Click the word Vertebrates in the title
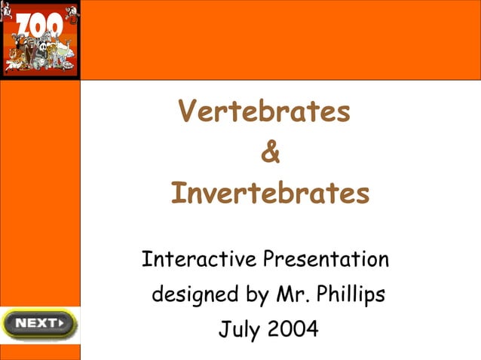tap(264, 112)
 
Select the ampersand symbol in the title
tap(270, 153)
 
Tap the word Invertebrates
tap(270, 194)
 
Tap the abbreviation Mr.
tap(289, 294)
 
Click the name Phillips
tap(349, 294)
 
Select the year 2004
tap(293, 329)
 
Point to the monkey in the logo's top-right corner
tap(71, 13)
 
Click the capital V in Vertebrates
tap(188, 112)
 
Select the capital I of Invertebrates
tap(177, 194)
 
